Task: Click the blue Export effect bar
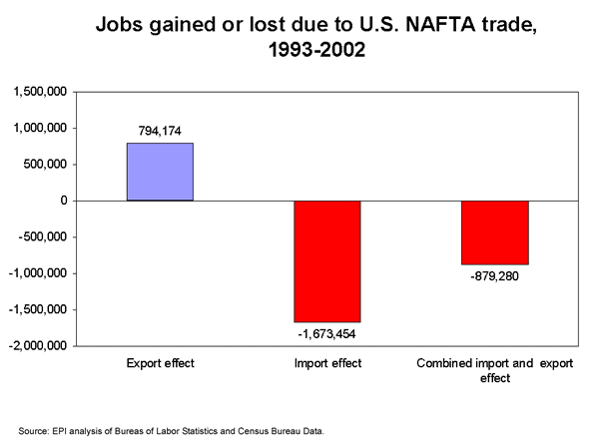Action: pyautogui.click(x=160, y=172)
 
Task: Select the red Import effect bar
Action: pyautogui.click(x=326, y=261)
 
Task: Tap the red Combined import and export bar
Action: pyautogui.click(x=494, y=232)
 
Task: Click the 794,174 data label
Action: pyautogui.click(x=160, y=130)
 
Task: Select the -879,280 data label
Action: pyautogui.click(x=494, y=277)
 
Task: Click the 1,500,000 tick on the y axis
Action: pyautogui.click(x=39, y=92)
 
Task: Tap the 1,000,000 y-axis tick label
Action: pyautogui.click(x=39, y=128)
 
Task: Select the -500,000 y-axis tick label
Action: pyautogui.click(x=42, y=237)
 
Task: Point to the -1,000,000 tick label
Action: pyautogui.click(x=37, y=273)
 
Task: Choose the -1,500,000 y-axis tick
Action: pyautogui.click(x=37, y=310)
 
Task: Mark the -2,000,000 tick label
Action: pyautogui.click(x=37, y=346)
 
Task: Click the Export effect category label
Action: pyautogui.click(x=160, y=364)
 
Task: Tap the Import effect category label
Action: pyautogui.click(x=326, y=364)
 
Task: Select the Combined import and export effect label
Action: pyautogui.click(x=494, y=370)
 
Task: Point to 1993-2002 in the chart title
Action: pyautogui.click(x=299, y=49)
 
